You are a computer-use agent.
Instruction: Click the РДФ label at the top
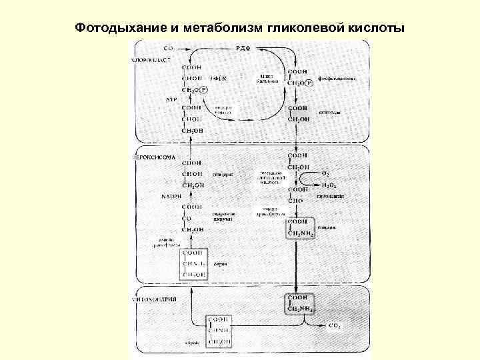(x=244, y=49)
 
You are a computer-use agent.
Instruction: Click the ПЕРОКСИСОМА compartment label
(x=155, y=157)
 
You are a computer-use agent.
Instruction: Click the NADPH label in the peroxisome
(x=171, y=196)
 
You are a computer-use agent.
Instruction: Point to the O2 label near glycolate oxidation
(x=325, y=172)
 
